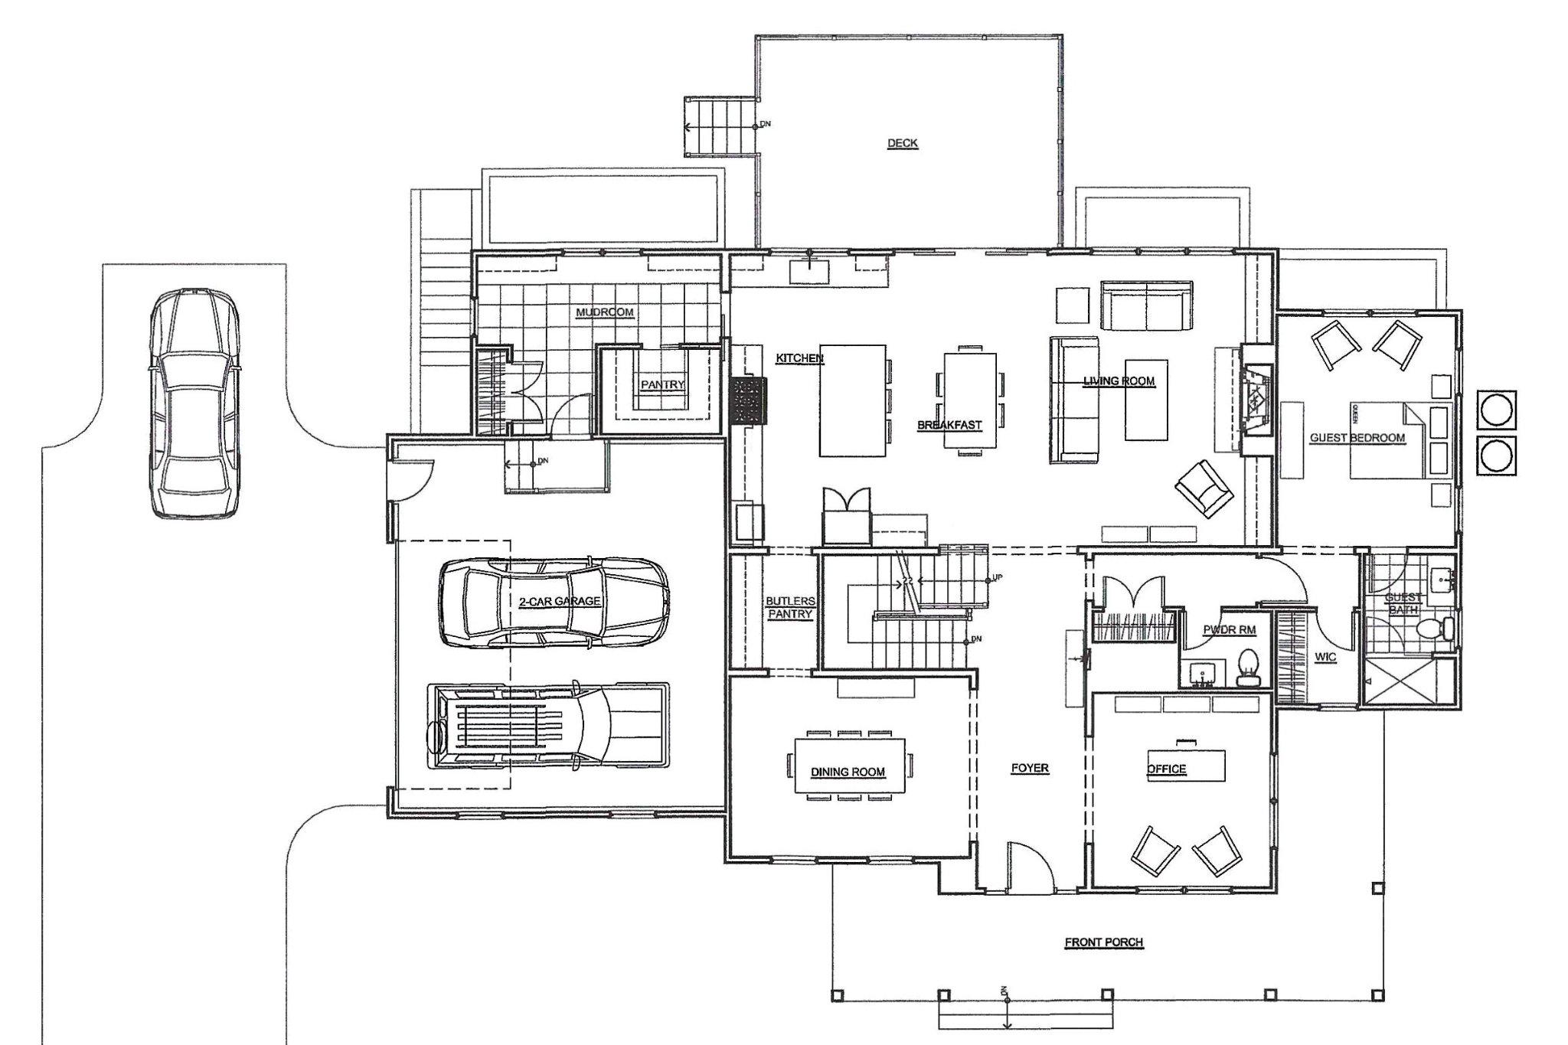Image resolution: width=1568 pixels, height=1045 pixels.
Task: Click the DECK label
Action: point(902,143)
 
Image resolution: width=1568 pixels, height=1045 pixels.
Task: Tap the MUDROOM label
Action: point(606,312)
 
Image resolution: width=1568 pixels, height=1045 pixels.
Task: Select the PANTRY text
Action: point(662,385)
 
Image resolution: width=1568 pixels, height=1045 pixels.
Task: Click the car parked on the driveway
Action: point(194,403)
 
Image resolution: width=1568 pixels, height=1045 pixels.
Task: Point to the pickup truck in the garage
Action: point(548,726)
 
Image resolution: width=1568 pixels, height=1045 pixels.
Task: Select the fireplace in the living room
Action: point(1257,400)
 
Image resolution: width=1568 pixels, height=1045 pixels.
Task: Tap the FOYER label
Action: point(1029,768)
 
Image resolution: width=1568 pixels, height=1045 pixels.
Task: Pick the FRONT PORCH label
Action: point(1103,942)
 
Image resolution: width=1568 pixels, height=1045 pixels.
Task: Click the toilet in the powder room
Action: point(1249,666)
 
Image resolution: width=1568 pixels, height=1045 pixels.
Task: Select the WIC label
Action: point(1325,657)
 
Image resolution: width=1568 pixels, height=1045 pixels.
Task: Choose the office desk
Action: point(1186,766)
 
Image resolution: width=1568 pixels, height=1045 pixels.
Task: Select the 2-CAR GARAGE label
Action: point(560,602)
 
